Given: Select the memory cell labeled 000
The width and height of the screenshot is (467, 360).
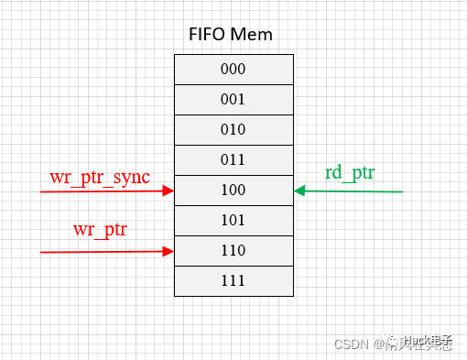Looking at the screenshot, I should [x=233, y=69].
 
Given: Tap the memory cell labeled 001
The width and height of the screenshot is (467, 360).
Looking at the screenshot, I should [x=233, y=99].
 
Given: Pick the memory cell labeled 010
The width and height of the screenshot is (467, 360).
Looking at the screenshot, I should [x=233, y=129].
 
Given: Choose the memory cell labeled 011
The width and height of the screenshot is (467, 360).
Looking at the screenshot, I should [x=233, y=159].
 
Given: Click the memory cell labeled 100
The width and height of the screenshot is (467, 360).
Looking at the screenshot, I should [x=233, y=190].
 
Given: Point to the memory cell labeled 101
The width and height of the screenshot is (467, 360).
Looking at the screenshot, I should [x=233, y=220].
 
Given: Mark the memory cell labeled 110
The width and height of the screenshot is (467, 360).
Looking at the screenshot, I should [x=233, y=250].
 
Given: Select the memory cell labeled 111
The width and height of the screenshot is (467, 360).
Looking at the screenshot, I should [x=233, y=280].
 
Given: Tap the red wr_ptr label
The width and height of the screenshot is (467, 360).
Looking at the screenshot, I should [x=100, y=227].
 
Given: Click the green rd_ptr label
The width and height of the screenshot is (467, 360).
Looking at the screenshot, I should [x=352, y=172].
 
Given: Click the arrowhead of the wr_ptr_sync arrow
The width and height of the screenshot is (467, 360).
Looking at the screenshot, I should [x=168, y=191].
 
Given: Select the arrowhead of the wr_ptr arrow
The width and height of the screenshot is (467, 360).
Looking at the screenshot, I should [x=168, y=251].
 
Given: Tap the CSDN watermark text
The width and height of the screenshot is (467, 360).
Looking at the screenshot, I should [x=351, y=345].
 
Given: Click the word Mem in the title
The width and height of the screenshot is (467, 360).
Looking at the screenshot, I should [x=254, y=36].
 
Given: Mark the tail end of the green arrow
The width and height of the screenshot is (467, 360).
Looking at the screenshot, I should [x=402, y=191].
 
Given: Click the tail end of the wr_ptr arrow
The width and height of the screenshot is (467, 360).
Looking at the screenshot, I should [x=42, y=251].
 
